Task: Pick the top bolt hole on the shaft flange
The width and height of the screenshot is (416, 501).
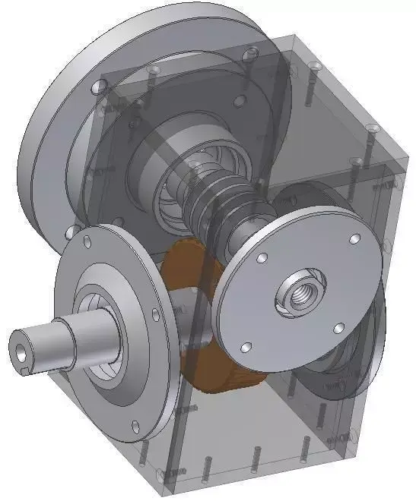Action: coord(88,240)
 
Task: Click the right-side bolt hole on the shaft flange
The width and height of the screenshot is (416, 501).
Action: coord(156,312)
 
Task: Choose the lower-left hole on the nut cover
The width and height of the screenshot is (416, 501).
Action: coord(245,347)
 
